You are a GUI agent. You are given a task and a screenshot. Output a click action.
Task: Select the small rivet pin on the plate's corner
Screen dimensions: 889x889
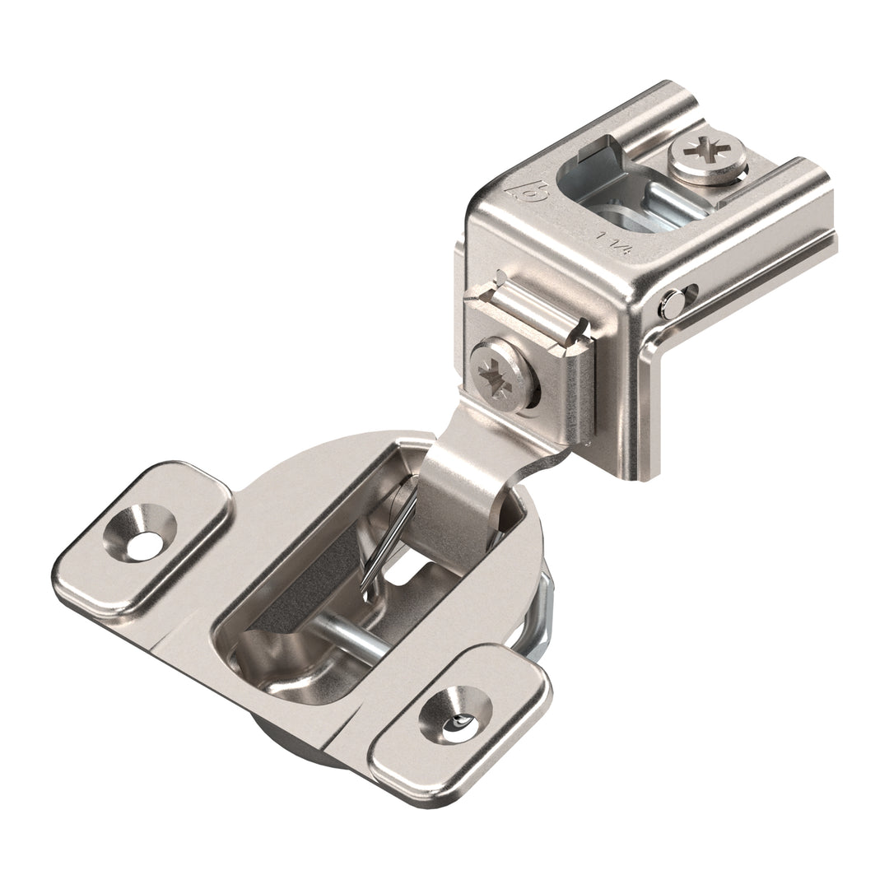click(673, 305)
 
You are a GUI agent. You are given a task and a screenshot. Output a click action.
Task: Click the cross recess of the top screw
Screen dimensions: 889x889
click(707, 151)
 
